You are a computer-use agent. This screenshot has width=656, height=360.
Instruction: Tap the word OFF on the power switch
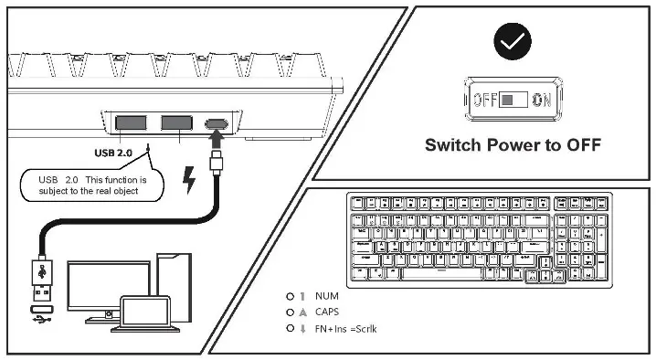coord(485,100)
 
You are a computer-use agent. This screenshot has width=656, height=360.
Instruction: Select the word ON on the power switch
coord(541,100)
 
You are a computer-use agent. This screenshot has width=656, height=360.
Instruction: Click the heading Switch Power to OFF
coord(513,144)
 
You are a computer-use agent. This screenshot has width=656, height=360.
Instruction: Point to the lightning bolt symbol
coord(189,182)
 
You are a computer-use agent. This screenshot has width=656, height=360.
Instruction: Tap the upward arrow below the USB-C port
coord(217,140)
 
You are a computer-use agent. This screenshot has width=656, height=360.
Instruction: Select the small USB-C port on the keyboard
coord(217,122)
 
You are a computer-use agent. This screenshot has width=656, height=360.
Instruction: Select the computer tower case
coord(175,283)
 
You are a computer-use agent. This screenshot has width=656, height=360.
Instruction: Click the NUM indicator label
coord(326,296)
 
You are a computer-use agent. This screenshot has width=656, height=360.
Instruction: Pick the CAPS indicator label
coord(328,312)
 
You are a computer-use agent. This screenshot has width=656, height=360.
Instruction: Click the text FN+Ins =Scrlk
coord(345,328)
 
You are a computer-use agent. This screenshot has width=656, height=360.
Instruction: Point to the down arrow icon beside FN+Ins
coord(302,328)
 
